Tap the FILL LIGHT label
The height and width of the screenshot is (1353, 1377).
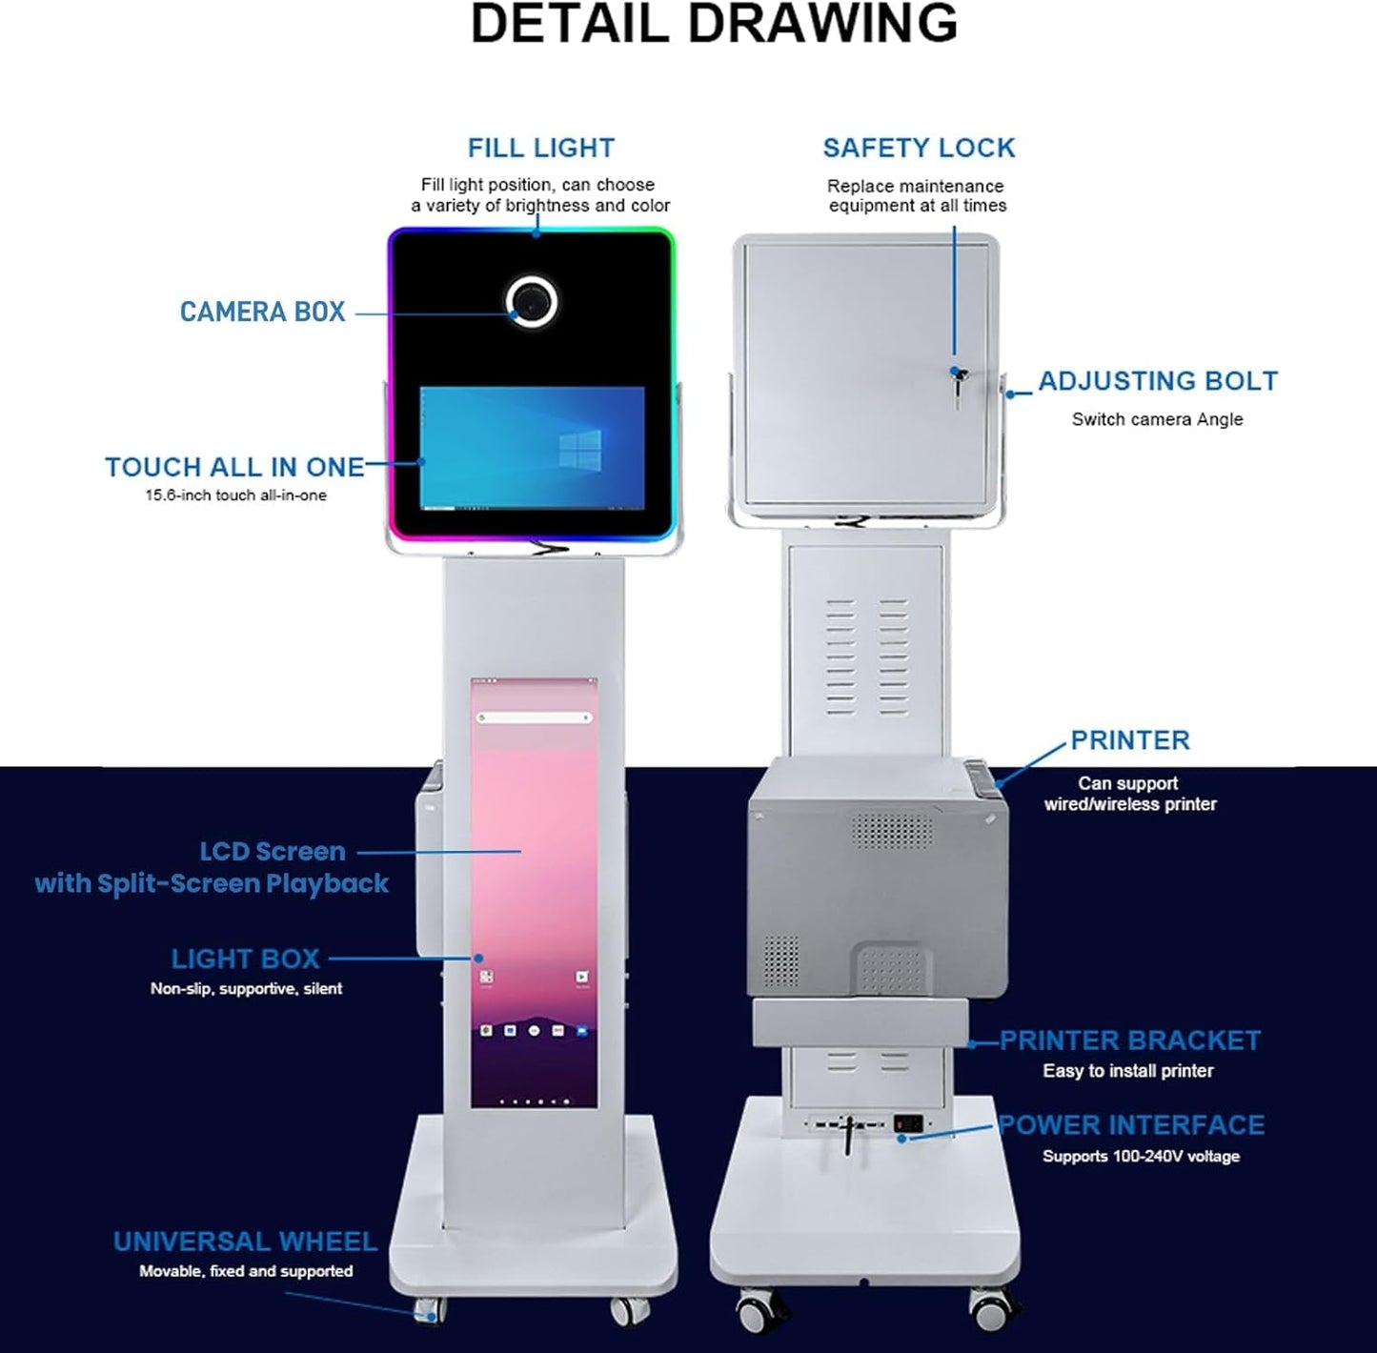coord(540,149)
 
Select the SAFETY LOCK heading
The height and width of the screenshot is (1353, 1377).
coord(919,149)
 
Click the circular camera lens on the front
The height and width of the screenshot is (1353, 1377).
coord(532,301)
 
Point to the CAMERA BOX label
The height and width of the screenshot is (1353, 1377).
coord(262,312)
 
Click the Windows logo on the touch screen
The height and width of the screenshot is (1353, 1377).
coord(579,449)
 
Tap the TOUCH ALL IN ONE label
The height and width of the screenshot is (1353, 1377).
coord(234,467)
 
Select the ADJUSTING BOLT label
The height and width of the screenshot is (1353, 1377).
coord(1157,381)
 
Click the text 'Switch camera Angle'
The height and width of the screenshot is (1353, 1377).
coord(1157,419)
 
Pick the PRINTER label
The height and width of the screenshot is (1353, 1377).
coord(1130,740)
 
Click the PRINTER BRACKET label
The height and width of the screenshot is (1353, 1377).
coord(1130,1040)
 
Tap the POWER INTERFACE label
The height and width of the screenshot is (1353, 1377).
coord(1131,1125)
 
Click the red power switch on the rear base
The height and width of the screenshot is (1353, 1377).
coord(908,1123)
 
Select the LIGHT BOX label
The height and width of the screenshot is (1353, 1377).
coord(245,959)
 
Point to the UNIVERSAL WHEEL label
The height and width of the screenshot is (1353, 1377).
coord(245,1242)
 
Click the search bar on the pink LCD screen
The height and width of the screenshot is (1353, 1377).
coord(534,717)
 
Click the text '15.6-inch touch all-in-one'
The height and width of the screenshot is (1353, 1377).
coord(235,495)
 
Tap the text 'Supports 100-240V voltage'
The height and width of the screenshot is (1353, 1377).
coord(1141,1156)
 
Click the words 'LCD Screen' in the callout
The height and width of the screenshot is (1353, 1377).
coord(273,851)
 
